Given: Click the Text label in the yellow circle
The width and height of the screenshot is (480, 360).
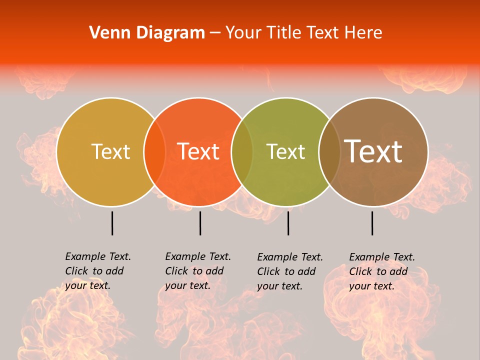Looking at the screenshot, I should pos(110,152).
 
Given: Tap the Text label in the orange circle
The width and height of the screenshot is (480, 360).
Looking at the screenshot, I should pos(198,152).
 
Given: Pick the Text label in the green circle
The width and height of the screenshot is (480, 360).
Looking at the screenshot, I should pos(285,152).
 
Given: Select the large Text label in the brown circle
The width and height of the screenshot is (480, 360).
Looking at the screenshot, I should pos(373,151).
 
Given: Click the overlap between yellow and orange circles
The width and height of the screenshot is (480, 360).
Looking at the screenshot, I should pos(154,152).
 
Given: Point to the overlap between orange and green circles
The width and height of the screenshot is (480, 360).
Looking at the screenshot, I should pos(242,152).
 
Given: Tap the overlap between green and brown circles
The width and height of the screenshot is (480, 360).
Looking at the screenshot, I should pos(328,152).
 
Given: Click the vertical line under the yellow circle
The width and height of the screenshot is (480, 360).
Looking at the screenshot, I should pos(112,223).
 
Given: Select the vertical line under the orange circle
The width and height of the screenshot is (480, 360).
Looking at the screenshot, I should pos(200,223).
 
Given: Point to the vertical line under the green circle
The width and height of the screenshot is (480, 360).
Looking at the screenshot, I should pos(288,223).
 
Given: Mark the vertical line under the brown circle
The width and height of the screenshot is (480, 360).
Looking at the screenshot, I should pos(372,223).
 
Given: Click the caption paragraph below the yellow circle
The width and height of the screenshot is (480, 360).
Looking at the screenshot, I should pos(97,271).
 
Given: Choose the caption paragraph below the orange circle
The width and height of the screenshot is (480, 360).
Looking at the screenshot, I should pos(197,271).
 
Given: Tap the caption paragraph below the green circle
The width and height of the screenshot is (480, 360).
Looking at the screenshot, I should pos(289,271).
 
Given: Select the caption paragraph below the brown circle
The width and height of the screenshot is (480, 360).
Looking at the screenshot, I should pos(381,271).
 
